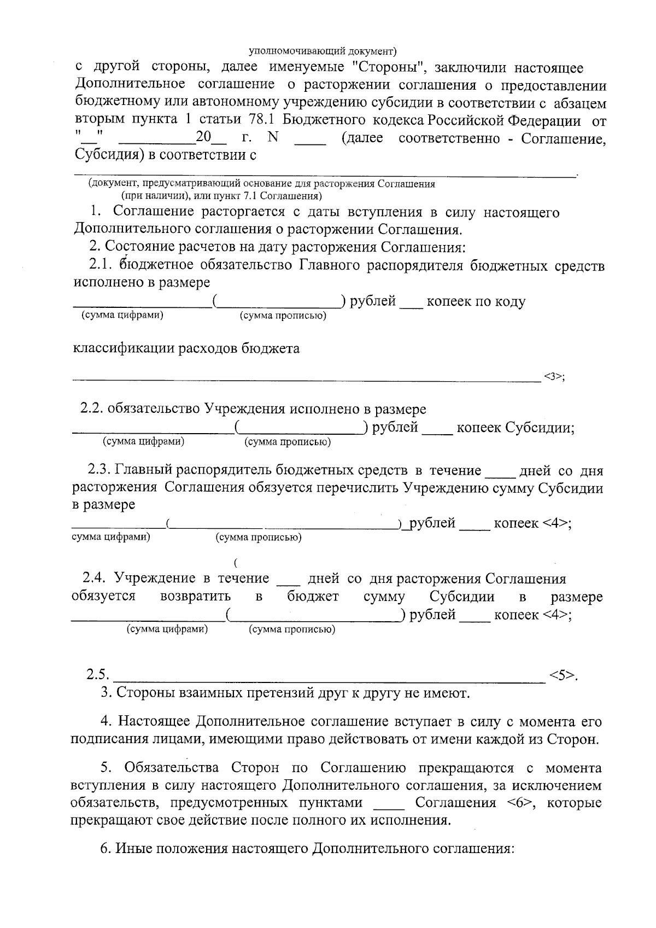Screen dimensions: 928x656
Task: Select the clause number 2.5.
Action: tap(99, 675)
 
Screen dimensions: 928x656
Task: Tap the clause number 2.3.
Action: tap(99, 470)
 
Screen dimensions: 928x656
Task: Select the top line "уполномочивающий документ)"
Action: tap(323, 52)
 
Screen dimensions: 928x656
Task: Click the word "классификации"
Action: tap(124, 348)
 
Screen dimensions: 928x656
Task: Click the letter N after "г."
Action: tap(273, 137)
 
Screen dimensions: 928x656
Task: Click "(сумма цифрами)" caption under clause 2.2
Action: tap(143, 442)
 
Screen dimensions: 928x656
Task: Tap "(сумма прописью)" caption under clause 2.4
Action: tap(292, 629)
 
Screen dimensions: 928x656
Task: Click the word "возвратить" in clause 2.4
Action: tap(195, 596)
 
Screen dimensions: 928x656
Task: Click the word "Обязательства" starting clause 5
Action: tap(172, 768)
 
